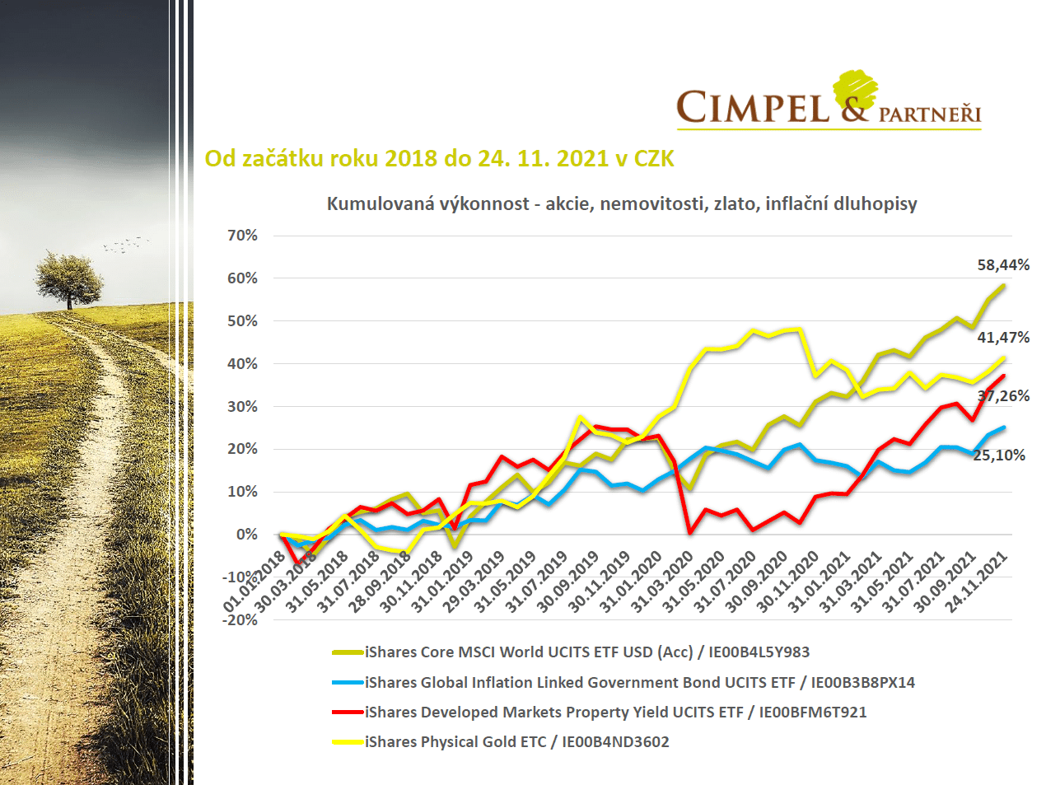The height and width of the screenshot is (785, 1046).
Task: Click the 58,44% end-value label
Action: click(x=1002, y=265)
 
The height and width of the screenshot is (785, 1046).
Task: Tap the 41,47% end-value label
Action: click(x=1002, y=338)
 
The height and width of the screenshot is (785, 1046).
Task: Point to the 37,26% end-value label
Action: click(x=1002, y=396)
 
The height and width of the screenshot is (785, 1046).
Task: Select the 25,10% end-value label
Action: click(x=998, y=456)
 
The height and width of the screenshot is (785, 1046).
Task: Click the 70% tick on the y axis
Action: click(x=243, y=236)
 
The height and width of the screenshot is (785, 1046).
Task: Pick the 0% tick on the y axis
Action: click(x=247, y=535)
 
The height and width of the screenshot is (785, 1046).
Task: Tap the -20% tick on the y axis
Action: click(x=240, y=620)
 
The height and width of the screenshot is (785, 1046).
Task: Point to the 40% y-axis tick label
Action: click(x=243, y=364)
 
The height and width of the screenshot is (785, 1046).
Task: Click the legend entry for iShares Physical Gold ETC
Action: click(x=516, y=742)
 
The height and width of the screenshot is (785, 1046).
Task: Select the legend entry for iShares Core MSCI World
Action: click(x=586, y=652)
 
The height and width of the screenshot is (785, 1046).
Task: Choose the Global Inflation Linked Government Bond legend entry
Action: click(x=639, y=683)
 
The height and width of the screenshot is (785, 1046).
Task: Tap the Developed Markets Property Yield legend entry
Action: click(x=615, y=713)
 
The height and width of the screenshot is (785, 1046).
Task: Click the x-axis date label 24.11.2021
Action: click(x=977, y=582)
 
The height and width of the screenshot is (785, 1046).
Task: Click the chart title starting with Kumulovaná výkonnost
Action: click(x=622, y=203)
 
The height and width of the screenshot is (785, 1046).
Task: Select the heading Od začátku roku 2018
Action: click(x=439, y=158)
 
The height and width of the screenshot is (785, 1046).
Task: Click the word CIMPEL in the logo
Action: click(x=753, y=108)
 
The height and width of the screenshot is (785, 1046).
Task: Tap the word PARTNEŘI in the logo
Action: click(x=929, y=114)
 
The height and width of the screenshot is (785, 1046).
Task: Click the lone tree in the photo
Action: click(x=69, y=278)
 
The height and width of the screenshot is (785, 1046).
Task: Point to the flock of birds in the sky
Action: click(x=126, y=244)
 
